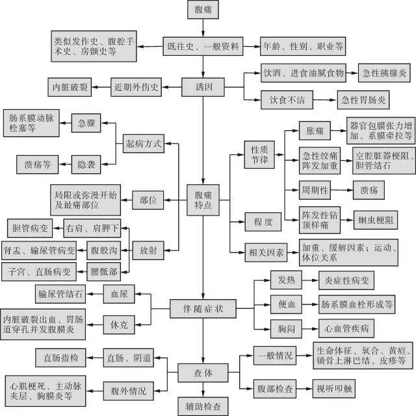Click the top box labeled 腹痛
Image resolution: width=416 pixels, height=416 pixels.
point(203,10)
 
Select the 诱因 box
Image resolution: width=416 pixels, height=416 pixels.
point(203,86)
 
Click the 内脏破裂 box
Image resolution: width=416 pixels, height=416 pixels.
point(71,86)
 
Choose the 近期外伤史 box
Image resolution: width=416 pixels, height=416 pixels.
point(136,86)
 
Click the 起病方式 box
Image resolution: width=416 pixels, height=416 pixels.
point(143,142)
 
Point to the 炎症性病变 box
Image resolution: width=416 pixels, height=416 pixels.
point(347,280)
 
